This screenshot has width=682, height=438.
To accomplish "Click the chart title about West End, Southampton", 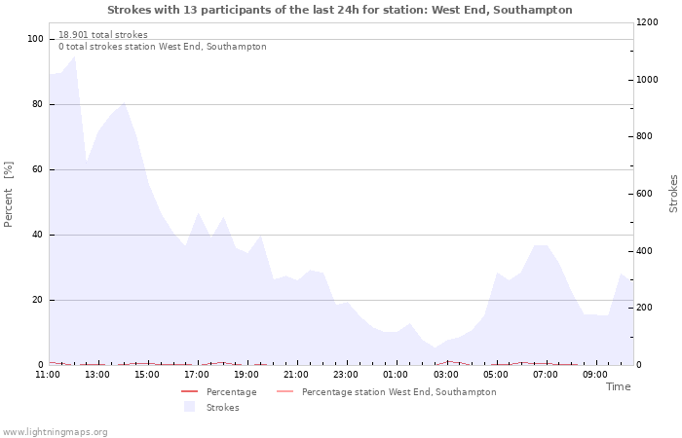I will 340,10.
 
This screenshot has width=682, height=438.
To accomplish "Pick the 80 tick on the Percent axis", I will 38,104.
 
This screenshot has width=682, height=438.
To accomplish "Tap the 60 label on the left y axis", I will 38,169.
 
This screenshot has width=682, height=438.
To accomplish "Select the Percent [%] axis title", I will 9,194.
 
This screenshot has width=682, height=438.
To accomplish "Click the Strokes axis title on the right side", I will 673,194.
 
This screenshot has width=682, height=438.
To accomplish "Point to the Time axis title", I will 618,386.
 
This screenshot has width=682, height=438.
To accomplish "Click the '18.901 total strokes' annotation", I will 103,35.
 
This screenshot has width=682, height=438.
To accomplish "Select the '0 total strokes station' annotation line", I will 162,47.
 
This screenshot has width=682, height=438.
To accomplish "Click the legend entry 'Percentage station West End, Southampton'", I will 398,392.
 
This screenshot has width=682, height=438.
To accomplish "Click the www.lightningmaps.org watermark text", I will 55,432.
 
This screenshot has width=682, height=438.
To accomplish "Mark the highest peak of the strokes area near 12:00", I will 74,56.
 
